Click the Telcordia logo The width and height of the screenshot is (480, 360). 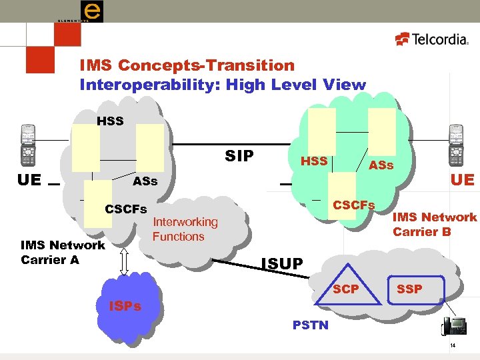(x=432, y=39)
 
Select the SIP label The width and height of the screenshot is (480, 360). (x=239, y=156)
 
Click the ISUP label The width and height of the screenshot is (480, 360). (x=281, y=265)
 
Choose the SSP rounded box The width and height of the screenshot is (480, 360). (x=409, y=289)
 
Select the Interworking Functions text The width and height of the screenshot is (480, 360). (x=185, y=229)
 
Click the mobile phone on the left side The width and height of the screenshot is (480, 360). (x=27, y=145)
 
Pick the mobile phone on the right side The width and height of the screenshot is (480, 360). (x=456, y=145)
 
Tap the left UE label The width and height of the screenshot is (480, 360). (x=31, y=179)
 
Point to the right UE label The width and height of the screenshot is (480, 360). (x=461, y=180)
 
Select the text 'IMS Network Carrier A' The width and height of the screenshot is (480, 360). (x=63, y=253)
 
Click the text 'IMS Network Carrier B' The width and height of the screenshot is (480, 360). (x=434, y=224)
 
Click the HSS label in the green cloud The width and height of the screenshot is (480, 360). (x=314, y=161)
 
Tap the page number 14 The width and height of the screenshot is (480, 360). (x=452, y=346)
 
